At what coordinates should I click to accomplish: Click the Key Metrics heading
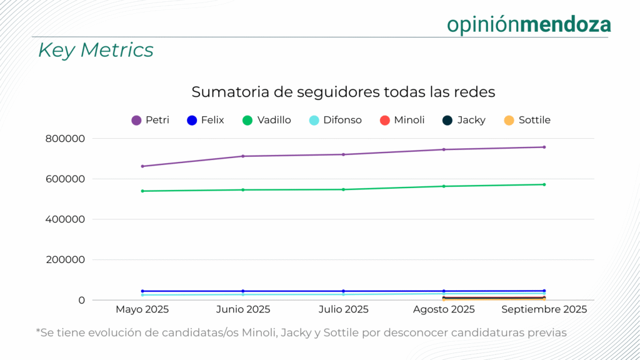click(96, 50)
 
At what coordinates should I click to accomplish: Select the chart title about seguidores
click(343, 92)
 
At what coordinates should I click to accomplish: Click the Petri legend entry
click(151, 120)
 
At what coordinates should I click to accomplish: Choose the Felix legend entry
click(206, 120)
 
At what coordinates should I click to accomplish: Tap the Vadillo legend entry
click(267, 120)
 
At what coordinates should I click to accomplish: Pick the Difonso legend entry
click(336, 120)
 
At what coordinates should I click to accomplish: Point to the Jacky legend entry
click(464, 120)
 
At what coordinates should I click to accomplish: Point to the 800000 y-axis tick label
click(66, 139)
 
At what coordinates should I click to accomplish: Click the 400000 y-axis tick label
click(66, 219)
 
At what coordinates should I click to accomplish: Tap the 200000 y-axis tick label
click(66, 260)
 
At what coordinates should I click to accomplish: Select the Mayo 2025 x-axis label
click(142, 309)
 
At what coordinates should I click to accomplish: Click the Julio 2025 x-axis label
click(343, 309)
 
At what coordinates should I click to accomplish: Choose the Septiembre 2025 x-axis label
click(544, 309)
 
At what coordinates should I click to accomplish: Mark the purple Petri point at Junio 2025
click(243, 156)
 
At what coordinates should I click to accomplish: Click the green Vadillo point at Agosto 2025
click(444, 186)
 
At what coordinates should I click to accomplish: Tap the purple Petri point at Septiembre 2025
click(544, 147)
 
